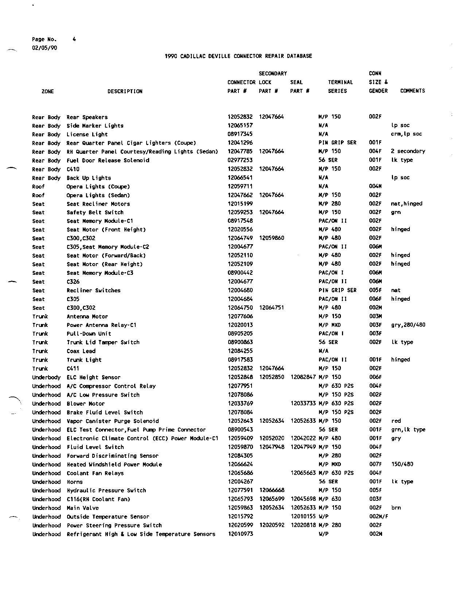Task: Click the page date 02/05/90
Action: tap(44, 48)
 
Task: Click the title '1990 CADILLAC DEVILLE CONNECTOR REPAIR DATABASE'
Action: tap(238, 56)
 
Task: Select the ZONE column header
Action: tap(48, 91)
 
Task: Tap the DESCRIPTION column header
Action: tap(125, 91)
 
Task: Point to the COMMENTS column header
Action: tap(412, 91)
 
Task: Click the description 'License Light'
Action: tap(87, 134)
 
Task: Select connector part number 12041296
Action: tap(240, 143)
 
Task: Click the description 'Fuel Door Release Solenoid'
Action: tap(108, 160)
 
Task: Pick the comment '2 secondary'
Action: tap(408, 151)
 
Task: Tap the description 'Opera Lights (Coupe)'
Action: tap(98, 187)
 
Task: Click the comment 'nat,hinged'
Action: tap(407, 204)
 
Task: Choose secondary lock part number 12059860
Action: tap(272, 238)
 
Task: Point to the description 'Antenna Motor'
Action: tap(87, 317)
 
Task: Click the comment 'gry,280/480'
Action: tap(408, 325)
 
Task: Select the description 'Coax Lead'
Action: tap(81, 351)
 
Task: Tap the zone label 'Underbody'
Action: tap(46, 378)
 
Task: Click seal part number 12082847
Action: tap(303, 377)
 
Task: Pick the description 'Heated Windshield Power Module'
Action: tap(114, 465)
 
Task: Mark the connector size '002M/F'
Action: tap(378, 516)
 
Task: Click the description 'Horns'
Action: tap(75, 482)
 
